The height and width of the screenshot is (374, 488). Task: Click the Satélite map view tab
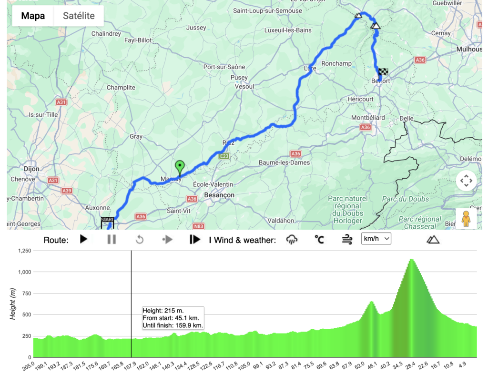tap(79, 16)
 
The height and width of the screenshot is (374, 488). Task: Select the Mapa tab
tap(33, 16)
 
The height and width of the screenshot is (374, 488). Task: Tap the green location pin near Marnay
tap(180, 168)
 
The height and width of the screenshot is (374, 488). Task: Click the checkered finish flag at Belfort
tap(383, 72)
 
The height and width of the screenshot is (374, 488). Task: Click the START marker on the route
tap(107, 221)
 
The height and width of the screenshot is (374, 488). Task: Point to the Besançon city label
tap(219, 195)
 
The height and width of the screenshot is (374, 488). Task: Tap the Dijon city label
tap(30, 168)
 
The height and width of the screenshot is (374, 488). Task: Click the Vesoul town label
tap(244, 87)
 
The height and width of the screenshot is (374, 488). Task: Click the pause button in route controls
tap(112, 239)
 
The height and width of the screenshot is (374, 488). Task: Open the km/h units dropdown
tap(376, 239)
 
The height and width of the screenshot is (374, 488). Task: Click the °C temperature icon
tap(319, 239)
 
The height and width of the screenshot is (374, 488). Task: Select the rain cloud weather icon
tap(292, 239)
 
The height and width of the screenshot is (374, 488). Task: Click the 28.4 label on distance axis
tap(410, 365)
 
